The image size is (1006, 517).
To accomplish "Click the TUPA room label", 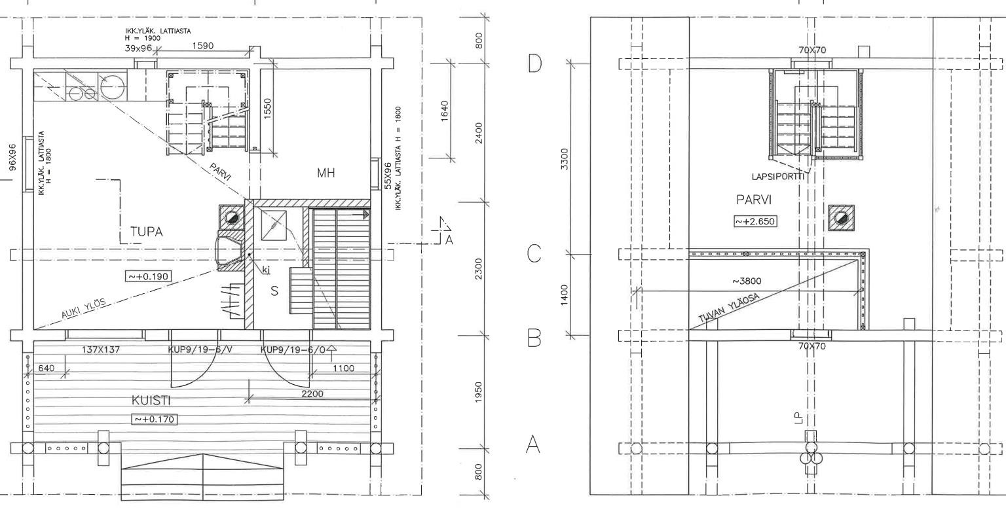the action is [x=147, y=232].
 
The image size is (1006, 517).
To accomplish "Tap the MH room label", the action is [x=326, y=173].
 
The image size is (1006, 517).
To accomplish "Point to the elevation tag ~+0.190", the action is [x=148, y=276].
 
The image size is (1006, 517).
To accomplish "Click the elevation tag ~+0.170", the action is [x=154, y=419].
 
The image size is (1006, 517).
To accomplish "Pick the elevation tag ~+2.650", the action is [x=755, y=221].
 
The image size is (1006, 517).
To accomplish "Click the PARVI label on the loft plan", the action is [x=754, y=200].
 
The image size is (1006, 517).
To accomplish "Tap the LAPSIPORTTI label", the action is [x=778, y=177].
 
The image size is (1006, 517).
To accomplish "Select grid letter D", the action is [x=534, y=63].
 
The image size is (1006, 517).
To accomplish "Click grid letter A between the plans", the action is [x=533, y=444].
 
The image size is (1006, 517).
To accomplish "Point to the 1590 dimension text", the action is [x=203, y=46].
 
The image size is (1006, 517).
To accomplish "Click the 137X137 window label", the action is [x=101, y=349].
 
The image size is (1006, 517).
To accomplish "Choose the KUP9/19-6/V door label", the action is [x=198, y=349].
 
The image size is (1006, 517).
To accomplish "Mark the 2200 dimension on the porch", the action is [x=312, y=393].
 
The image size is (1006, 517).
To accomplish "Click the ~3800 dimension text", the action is [x=747, y=281].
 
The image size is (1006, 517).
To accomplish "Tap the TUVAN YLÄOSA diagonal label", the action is [x=728, y=308].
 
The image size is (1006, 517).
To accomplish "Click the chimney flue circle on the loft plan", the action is [x=841, y=218].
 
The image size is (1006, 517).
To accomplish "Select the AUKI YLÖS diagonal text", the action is [x=84, y=308].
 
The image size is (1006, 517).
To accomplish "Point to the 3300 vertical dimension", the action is [x=565, y=159].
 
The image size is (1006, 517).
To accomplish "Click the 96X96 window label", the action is [x=12, y=157].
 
